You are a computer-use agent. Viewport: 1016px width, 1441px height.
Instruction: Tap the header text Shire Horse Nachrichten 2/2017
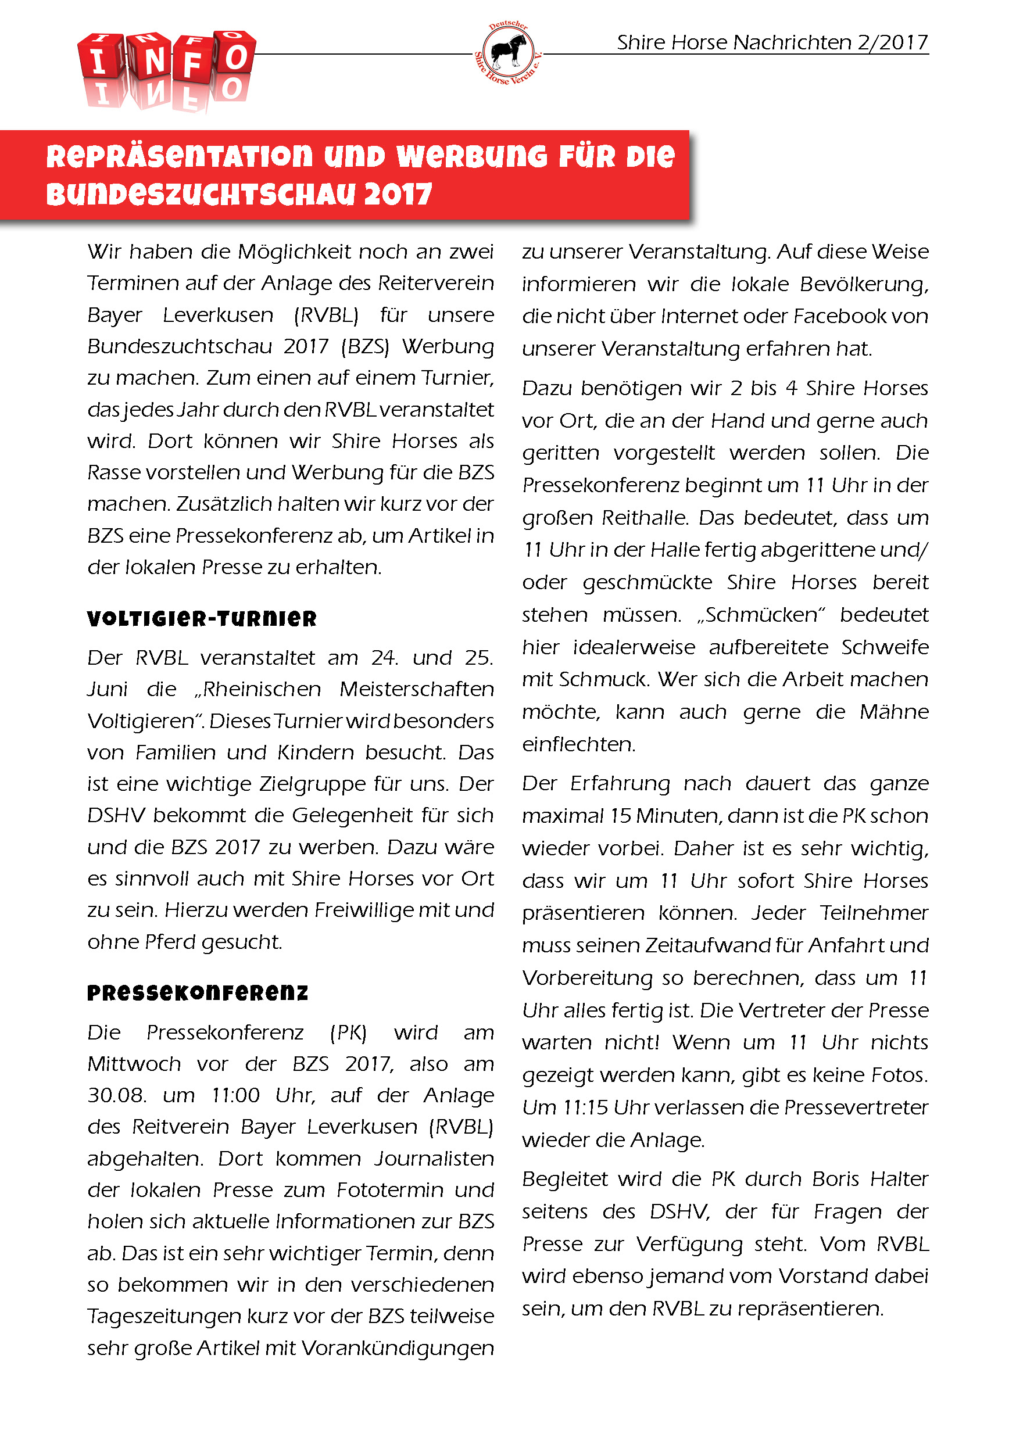pyautogui.click(x=772, y=42)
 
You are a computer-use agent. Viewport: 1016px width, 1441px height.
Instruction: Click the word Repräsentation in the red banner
pyautogui.click(x=179, y=156)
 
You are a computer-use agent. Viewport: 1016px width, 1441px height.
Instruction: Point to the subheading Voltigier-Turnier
pyautogui.click(x=202, y=619)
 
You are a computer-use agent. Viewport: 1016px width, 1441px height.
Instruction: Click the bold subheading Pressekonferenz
pyautogui.click(x=198, y=993)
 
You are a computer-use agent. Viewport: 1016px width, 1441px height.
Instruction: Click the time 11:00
pyautogui.click(x=235, y=1095)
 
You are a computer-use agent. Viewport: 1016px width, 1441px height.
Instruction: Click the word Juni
pyautogui.click(x=108, y=689)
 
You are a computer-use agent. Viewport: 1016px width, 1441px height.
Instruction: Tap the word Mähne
pyautogui.click(x=893, y=712)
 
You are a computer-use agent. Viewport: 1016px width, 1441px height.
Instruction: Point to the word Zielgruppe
pyautogui.click(x=313, y=784)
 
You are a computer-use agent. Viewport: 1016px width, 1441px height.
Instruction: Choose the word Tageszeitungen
pyautogui.click(x=164, y=1315)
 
